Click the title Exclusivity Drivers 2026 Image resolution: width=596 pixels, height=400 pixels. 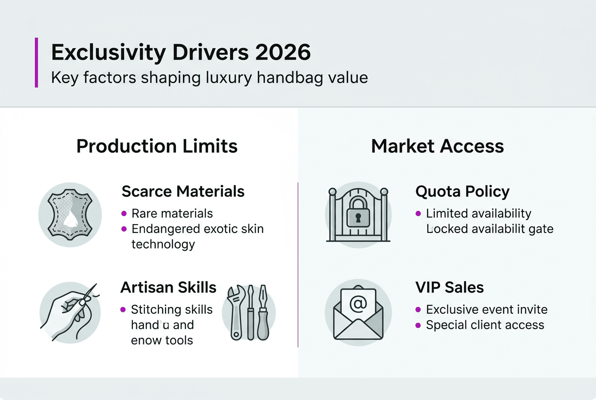(x=181, y=52)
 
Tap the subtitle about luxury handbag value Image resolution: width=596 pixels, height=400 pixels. (x=209, y=77)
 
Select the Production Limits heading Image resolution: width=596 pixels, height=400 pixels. (x=157, y=146)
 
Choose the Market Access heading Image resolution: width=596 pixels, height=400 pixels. (x=437, y=146)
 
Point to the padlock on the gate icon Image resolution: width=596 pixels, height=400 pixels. (x=358, y=212)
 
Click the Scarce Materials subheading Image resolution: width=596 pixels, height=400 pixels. (x=183, y=192)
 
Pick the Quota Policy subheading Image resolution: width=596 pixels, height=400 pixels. (x=462, y=192)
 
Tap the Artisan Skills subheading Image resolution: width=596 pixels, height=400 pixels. (x=168, y=287)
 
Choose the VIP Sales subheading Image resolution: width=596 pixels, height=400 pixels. (x=449, y=287)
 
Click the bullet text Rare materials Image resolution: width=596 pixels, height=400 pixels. (x=172, y=213)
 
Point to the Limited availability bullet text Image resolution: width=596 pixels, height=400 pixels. (x=479, y=213)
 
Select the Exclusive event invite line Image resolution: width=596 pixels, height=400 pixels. (x=487, y=309)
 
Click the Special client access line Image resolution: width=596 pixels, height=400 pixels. (x=485, y=325)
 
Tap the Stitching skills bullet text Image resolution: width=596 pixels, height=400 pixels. (x=172, y=309)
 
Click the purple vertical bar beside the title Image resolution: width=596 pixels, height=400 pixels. (x=36, y=63)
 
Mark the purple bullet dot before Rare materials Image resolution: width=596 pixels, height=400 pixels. (x=124, y=213)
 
